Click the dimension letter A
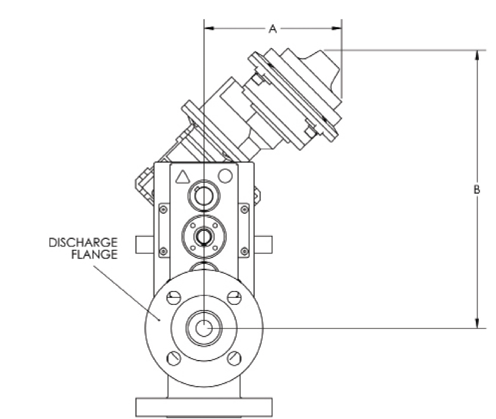(x=273, y=29)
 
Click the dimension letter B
(x=477, y=190)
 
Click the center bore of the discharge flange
(x=203, y=328)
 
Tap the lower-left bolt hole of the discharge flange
(x=174, y=358)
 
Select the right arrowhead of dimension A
(x=337, y=29)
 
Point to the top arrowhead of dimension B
(x=477, y=54)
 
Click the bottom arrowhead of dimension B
(x=477, y=324)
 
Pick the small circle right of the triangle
(x=224, y=175)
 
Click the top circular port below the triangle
(x=203, y=197)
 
